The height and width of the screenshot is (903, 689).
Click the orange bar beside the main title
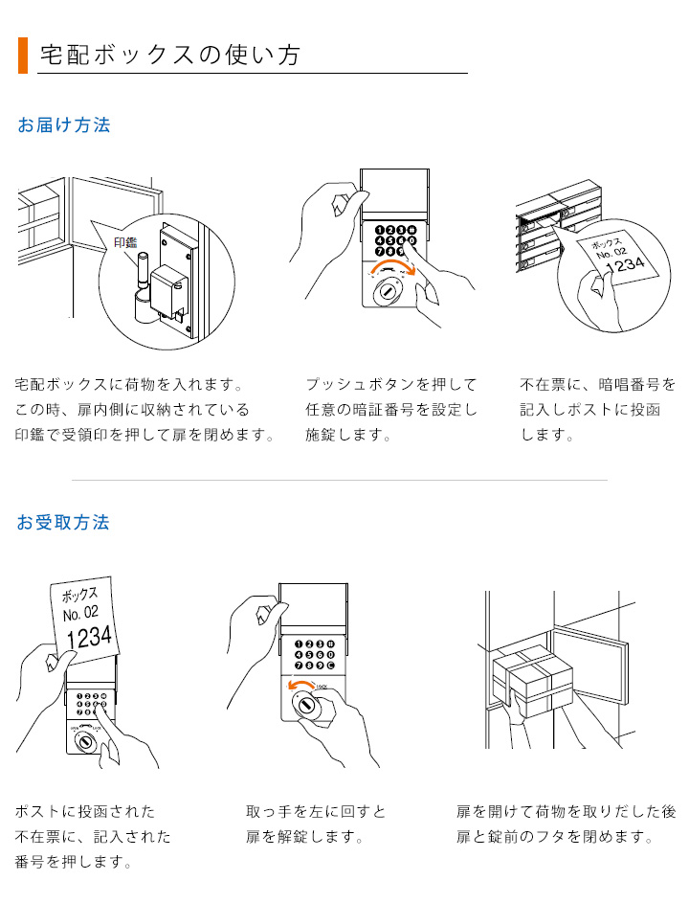click(23, 56)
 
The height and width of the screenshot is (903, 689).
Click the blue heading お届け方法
click(64, 125)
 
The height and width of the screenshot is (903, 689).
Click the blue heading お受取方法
click(64, 523)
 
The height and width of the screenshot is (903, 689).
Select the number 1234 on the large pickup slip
click(89, 635)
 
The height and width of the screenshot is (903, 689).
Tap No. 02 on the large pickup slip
click(80, 612)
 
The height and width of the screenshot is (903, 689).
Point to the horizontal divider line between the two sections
click(339, 480)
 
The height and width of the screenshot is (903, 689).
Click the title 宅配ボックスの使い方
click(170, 56)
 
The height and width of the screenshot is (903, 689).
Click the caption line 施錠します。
click(348, 435)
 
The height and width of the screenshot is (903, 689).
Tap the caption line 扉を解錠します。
click(304, 837)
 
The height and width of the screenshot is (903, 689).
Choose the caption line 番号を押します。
click(73, 862)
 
